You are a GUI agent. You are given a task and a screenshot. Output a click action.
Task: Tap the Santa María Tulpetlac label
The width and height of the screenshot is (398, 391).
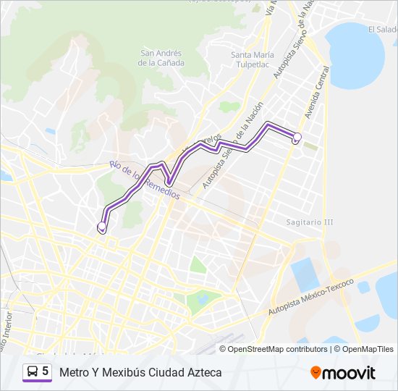pos(252,59)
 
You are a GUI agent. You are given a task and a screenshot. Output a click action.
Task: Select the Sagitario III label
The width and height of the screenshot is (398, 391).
pos(309,222)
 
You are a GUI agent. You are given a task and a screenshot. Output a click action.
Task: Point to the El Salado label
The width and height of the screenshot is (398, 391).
pos(382,30)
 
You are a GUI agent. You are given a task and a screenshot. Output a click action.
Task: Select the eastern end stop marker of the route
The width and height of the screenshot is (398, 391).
pos(297,137)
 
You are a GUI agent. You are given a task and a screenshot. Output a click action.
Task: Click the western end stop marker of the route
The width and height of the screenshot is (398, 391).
pos(102,227)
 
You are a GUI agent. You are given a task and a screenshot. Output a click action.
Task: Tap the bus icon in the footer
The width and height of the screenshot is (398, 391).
pos(33,371)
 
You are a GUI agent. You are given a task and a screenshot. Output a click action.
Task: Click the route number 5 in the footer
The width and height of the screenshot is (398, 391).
pos(46,371)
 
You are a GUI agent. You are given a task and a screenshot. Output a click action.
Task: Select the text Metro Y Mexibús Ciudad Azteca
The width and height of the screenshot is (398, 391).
pos(141,372)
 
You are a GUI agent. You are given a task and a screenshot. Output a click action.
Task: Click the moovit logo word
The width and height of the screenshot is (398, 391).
pos(349,373)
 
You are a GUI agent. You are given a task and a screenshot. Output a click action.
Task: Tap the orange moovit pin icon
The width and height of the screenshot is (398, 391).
pos(316,373)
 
